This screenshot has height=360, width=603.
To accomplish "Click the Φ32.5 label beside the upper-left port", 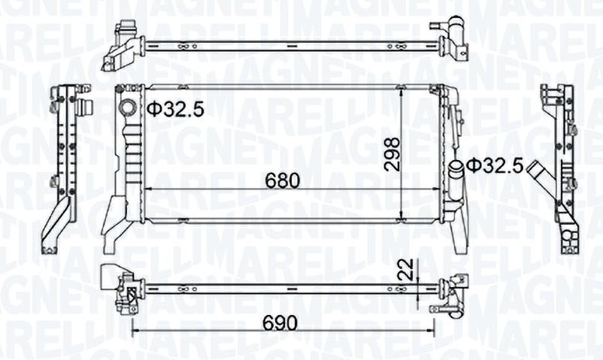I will pos(175,109).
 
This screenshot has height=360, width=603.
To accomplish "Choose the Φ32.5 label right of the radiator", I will pos(494,165).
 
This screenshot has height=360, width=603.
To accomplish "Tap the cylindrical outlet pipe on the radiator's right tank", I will pos(456,181).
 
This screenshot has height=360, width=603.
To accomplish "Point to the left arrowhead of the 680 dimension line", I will pos(145,189).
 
